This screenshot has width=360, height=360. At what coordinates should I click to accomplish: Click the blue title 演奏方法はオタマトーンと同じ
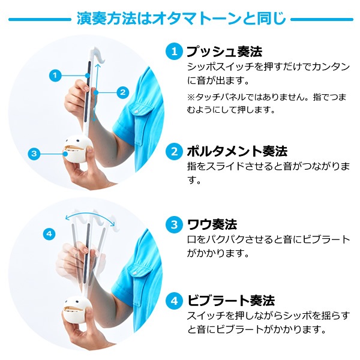pyautogui.click(x=181, y=19)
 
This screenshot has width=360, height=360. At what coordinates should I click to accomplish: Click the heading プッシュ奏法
pyautogui.click(x=224, y=52)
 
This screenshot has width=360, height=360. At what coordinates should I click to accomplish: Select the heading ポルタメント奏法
pyautogui.click(x=237, y=151)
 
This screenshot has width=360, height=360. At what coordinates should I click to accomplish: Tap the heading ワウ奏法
pyautogui.click(x=212, y=224)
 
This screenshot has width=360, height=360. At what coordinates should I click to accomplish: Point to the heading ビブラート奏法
pyautogui.click(x=231, y=301)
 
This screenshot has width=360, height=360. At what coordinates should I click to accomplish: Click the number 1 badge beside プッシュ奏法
pyautogui.click(x=174, y=52)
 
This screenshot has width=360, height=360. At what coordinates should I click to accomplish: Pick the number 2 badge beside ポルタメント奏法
pyautogui.click(x=174, y=151)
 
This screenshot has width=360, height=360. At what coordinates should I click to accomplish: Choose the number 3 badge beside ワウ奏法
pyautogui.click(x=174, y=224)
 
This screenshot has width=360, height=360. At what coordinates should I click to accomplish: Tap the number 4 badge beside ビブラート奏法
pyautogui.click(x=174, y=301)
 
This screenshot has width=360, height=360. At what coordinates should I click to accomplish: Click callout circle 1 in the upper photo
pyautogui.click(x=55, y=76)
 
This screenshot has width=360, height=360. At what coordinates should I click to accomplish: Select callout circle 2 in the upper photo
pyautogui.click(x=123, y=92)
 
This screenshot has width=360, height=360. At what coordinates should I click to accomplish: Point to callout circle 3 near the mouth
pyautogui.click(x=34, y=154)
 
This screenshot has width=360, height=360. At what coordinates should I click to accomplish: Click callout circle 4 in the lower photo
pyautogui.click(x=49, y=234)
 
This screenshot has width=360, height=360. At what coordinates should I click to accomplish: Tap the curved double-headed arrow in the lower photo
pyautogui.click(x=89, y=213)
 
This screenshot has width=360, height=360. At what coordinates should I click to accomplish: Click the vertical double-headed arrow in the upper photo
pyautogui.click(x=96, y=92)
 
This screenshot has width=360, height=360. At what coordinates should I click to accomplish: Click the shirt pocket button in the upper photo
pyautogui.click(x=136, y=112)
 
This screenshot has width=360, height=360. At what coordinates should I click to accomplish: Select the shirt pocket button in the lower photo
pyautogui.click(x=135, y=273)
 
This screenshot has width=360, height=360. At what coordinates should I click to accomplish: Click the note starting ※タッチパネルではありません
pyautogui.click(x=266, y=103)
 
